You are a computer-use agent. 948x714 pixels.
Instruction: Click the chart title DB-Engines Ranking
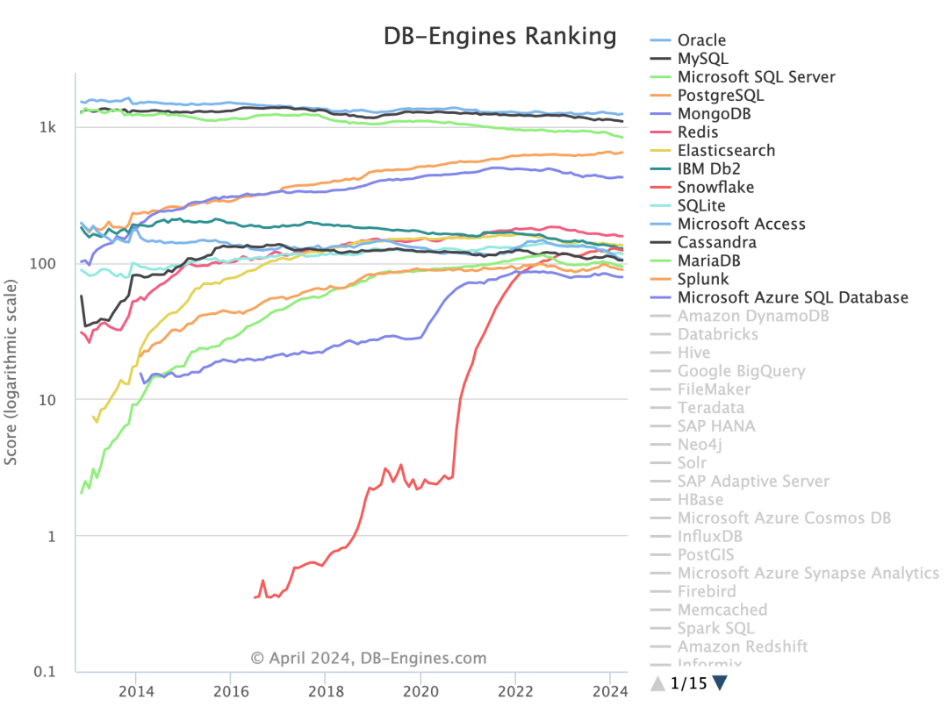499,36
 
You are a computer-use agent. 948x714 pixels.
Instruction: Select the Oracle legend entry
701,40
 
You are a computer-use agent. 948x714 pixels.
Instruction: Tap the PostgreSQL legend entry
720,96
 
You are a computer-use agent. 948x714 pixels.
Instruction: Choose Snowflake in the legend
715,187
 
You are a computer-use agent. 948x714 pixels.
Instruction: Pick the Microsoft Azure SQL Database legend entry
793,297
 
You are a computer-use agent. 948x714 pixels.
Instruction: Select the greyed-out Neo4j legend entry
700,445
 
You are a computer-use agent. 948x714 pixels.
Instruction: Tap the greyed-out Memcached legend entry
722,610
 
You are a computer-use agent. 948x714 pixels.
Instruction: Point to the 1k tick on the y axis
47,128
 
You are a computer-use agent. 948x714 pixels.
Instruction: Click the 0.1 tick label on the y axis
46,672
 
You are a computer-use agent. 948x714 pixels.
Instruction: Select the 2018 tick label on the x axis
325,689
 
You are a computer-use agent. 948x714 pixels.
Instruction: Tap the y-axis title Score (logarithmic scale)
11,372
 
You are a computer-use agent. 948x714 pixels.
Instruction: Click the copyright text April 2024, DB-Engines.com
368,658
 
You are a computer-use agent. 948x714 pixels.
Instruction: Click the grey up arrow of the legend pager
657,682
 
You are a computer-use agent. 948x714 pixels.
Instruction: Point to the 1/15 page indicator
688,682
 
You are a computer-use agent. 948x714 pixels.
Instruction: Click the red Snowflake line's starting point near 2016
254,597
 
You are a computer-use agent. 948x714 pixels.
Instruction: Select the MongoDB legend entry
714,114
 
